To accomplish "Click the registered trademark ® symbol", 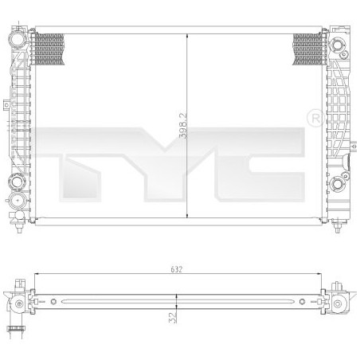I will click(x=313, y=118).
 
